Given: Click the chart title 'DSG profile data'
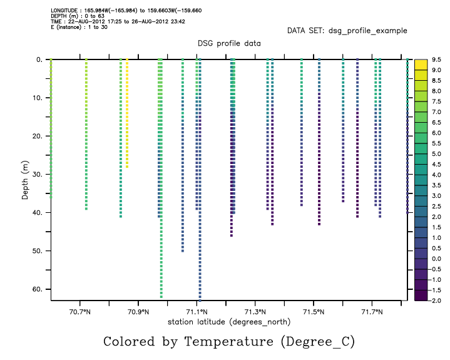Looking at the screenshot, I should coord(229,43).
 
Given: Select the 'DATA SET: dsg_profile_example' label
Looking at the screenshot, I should coord(347,30).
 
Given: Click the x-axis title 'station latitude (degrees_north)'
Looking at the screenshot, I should coord(229,321).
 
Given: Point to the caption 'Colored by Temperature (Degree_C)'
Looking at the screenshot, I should coord(229,341).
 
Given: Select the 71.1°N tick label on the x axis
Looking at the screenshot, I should coord(197,311).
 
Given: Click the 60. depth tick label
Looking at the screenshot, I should coord(36,289).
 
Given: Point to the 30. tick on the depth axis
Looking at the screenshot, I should coord(36,175).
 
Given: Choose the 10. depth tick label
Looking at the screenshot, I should coord(36,98).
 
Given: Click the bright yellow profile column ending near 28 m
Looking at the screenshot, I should coord(127,113).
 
